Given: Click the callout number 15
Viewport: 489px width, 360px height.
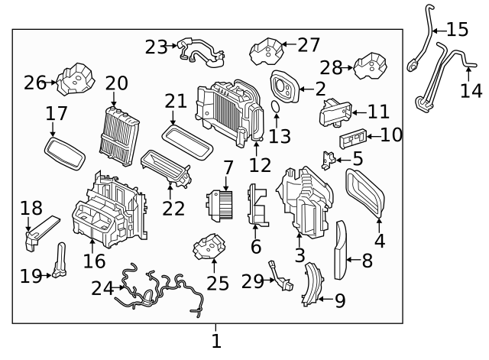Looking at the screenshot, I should click(457, 31).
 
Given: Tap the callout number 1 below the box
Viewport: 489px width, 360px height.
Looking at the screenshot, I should click(216, 340).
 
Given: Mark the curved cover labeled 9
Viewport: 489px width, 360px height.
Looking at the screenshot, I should click(311, 284).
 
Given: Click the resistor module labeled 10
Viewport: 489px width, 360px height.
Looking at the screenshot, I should click(351, 139).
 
